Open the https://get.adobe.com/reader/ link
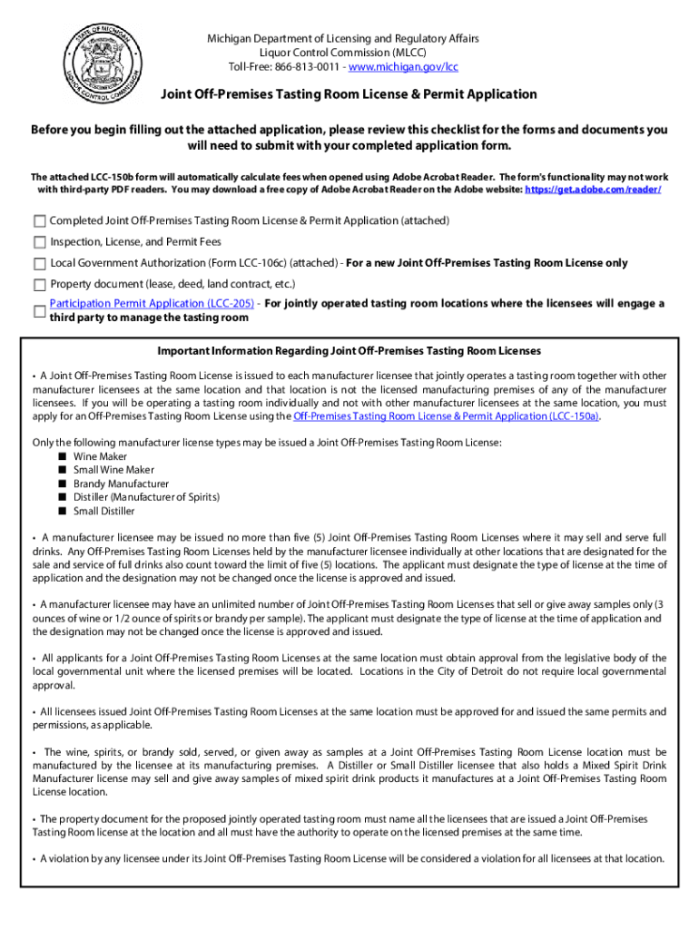pyautogui.click(x=593, y=190)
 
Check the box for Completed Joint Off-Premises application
pyautogui.click(x=39, y=221)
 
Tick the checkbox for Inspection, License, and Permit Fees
pyautogui.click(x=39, y=242)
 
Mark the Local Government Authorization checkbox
pyautogui.click(x=39, y=263)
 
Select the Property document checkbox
pyautogui.click(x=39, y=284)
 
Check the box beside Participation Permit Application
pyautogui.click(x=39, y=311)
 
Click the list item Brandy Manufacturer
pyautogui.click(x=121, y=484)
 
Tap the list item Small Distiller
pyautogui.click(x=103, y=511)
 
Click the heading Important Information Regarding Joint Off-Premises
pyautogui.click(x=349, y=351)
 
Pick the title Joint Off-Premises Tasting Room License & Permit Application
pyautogui.click(x=349, y=94)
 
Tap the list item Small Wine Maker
pyautogui.click(x=113, y=470)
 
